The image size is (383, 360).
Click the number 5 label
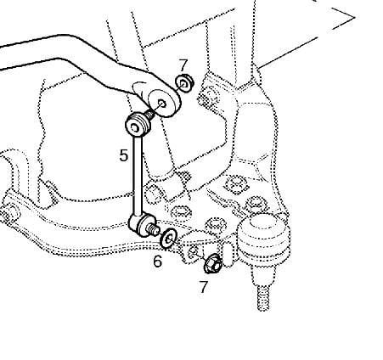pyautogui.click(x=124, y=155)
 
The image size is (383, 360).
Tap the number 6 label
pyautogui.click(x=158, y=261)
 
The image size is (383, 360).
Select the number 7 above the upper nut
pyautogui.click(x=183, y=65)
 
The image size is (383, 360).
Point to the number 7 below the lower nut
pyautogui.click(x=204, y=287)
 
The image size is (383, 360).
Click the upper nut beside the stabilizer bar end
pyautogui.click(x=184, y=82)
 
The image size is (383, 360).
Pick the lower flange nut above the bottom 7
pyautogui.click(x=212, y=263)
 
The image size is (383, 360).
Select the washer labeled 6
pyautogui.click(x=168, y=238)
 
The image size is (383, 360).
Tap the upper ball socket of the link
pyautogui.click(x=137, y=125)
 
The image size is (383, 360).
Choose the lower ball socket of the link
pyautogui.click(x=142, y=223)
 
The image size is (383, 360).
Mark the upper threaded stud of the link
pyautogui.click(x=149, y=114)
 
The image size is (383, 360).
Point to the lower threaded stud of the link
pyautogui.click(x=153, y=229)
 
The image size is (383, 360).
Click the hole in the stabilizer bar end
pyautogui.click(x=162, y=103)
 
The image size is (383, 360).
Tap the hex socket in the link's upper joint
pyautogui.click(x=135, y=129)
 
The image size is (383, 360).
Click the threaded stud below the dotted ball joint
pyautogui.click(x=263, y=298)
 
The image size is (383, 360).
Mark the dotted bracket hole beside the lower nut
pyautogui.click(x=194, y=250)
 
